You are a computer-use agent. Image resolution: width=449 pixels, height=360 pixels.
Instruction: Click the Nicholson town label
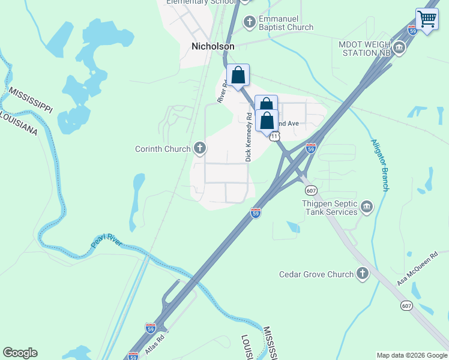pos(212,46)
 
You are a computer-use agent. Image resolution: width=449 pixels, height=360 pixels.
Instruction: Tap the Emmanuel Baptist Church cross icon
pos(250,22)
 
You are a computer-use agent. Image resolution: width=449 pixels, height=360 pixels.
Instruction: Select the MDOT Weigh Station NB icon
pos(399,47)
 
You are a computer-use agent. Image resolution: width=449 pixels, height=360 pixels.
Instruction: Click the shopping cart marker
pos(427,19)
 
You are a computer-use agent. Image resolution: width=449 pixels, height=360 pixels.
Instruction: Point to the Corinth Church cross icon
pos(200,148)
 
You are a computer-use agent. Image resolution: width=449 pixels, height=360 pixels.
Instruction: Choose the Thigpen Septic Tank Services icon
pos(366,208)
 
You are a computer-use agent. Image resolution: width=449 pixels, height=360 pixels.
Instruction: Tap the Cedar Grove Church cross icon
pos(362,274)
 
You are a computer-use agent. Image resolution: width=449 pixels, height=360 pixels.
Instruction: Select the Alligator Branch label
pos(379,165)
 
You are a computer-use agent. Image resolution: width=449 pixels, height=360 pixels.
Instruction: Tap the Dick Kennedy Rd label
pos(248,136)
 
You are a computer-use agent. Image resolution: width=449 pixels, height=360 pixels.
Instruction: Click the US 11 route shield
pos(274,136)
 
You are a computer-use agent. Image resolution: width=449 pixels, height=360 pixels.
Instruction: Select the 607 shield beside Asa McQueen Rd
pos(407,305)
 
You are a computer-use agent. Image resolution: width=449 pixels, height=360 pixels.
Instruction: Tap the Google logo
pos(20,353)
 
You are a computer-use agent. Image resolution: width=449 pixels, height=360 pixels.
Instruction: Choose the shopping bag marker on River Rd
pos(238,77)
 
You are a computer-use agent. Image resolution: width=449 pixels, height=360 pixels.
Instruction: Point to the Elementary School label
pos(201,2)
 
